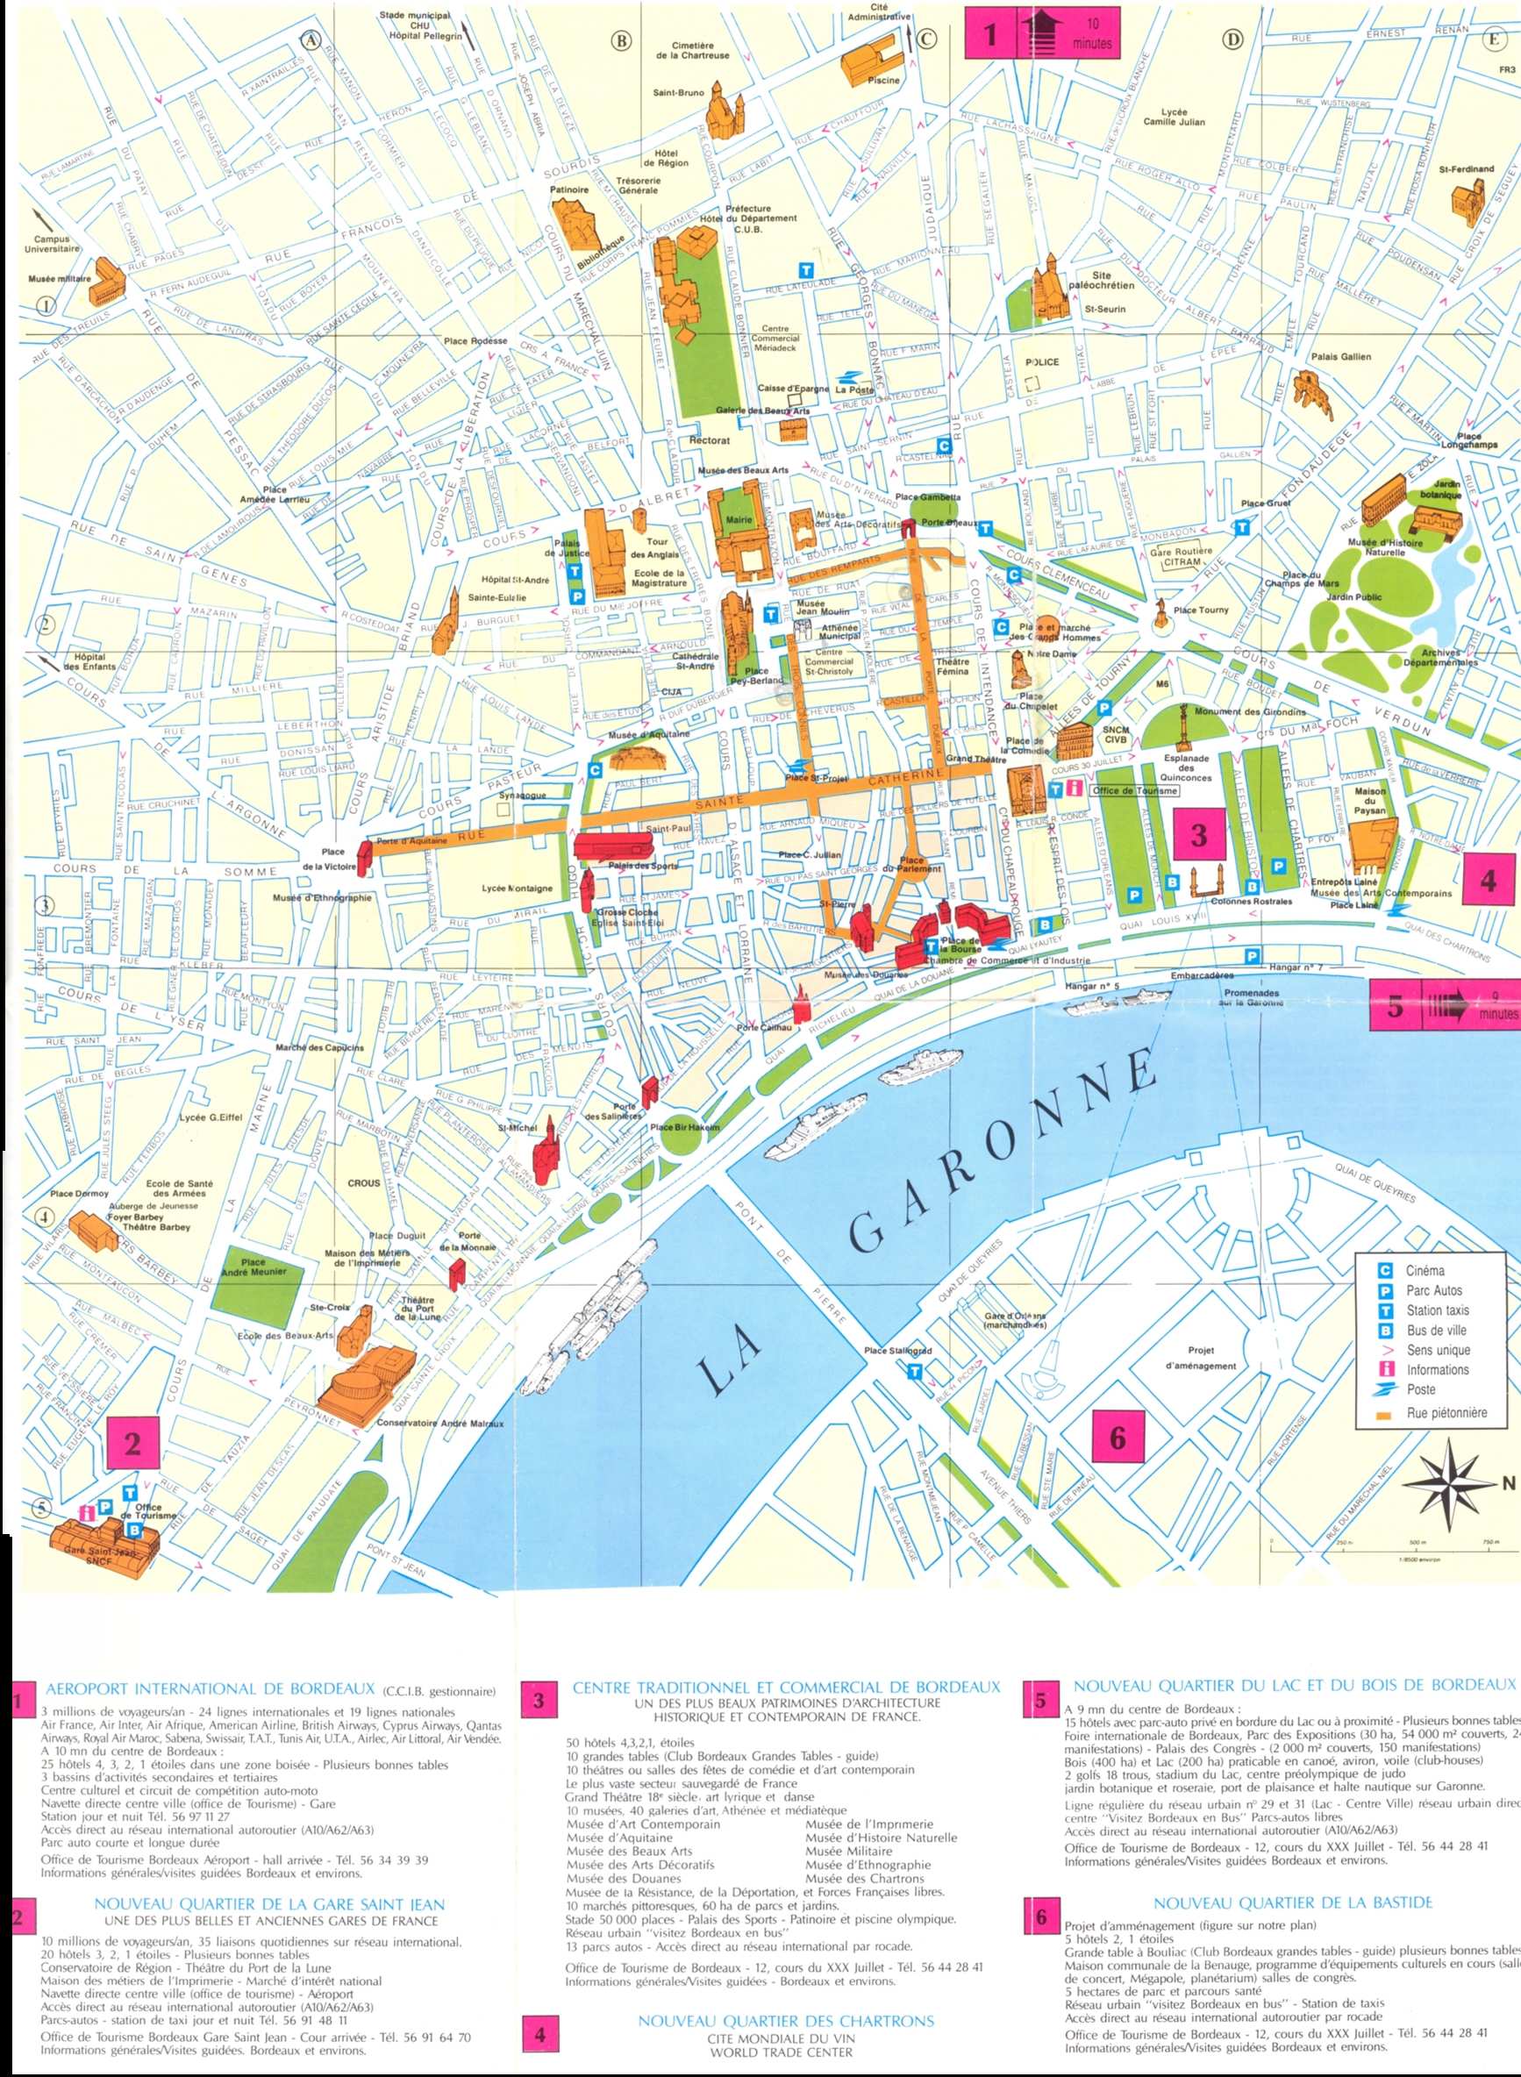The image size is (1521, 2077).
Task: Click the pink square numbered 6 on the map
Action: (x=1117, y=1437)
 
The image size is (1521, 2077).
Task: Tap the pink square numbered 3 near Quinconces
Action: (x=1198, y=835)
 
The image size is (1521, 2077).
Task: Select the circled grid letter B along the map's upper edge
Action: (x=623, y=40)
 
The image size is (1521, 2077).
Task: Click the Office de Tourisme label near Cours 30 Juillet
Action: (x=1134, y=790)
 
